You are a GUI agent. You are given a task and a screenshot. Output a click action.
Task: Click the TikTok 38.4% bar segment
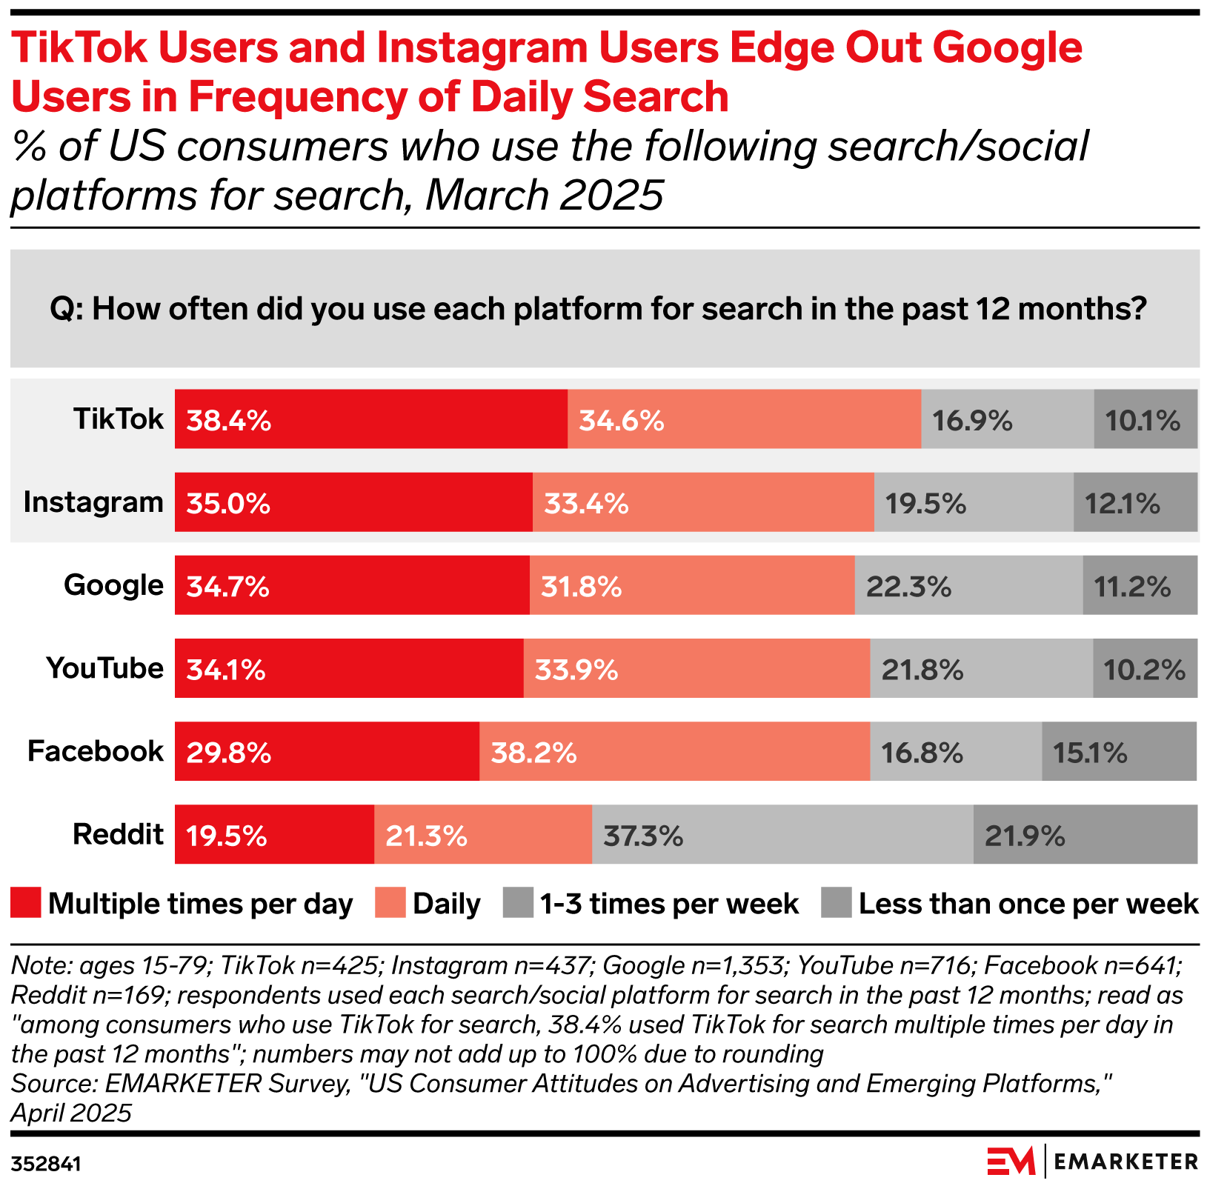tap(370, 419)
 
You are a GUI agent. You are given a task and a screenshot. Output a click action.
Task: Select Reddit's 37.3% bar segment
tap(782, 834)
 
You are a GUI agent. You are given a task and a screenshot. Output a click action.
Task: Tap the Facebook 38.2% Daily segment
tap(674, 751)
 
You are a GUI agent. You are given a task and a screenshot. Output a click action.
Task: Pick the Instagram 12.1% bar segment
tap(1134, 502)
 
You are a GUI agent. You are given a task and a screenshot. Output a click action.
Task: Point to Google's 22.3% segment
tap(968, 585)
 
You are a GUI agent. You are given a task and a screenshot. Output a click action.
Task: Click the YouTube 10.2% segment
tap(1144, 668)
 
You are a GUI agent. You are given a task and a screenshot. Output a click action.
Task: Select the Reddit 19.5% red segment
tap(274, 834)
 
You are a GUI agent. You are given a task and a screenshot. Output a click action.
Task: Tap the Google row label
tap(113, 585)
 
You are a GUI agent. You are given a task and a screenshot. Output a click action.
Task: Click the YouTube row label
tap(104, 668)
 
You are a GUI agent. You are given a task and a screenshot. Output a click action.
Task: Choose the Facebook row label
tap(95, 751)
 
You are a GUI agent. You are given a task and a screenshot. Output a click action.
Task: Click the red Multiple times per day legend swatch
tap(26, 904)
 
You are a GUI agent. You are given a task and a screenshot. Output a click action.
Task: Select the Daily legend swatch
tap(390, 904)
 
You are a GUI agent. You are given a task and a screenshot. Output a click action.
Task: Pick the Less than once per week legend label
tap(1028, 904)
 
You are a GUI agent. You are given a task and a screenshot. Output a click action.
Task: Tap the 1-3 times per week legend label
tap(669, 904)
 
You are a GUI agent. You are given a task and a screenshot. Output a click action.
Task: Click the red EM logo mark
tap(1011, 1161)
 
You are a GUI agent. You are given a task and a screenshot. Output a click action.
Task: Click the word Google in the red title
tap(1007, 47)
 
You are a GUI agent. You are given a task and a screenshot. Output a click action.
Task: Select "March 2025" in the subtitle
tap(544, 196)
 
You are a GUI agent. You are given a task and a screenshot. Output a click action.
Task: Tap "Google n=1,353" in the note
tap(693, 965)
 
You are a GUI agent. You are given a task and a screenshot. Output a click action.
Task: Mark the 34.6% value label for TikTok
tap(621, 421)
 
